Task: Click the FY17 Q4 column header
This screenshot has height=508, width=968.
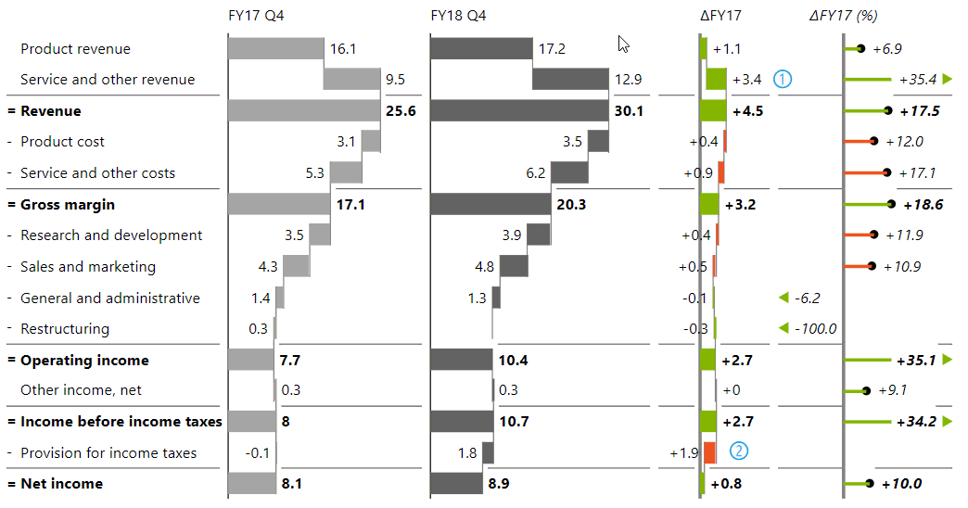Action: pos(262,16)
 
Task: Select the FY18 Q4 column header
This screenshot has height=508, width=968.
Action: pos(458,16)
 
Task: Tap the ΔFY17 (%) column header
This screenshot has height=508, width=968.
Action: pos(843,16)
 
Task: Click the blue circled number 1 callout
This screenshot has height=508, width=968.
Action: pos(783,79)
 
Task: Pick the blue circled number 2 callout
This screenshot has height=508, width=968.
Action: pos(738,452)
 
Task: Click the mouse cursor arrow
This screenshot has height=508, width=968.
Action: pos(624,44)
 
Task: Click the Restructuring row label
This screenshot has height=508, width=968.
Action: pos(65,329)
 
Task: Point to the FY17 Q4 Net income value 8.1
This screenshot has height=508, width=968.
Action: pos(293,484)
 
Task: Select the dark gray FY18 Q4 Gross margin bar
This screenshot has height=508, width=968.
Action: pos(490,204)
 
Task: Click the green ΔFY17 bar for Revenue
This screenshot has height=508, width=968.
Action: pos(714,111)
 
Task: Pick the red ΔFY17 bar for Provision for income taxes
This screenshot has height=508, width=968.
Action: pos(709,452)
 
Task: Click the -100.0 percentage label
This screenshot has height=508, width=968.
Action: pos(816,329)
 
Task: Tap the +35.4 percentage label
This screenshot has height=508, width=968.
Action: pos(917,80)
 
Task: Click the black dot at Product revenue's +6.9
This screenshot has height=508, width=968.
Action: pos(861,48)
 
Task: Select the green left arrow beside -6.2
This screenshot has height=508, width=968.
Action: pos(783,298)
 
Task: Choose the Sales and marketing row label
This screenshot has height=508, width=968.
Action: pos(88,267)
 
